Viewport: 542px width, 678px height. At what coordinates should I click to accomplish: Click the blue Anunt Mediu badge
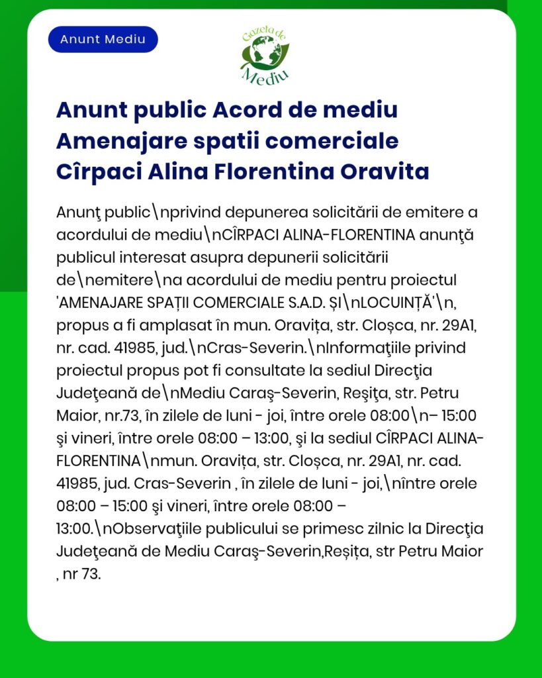pos(103,39)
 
